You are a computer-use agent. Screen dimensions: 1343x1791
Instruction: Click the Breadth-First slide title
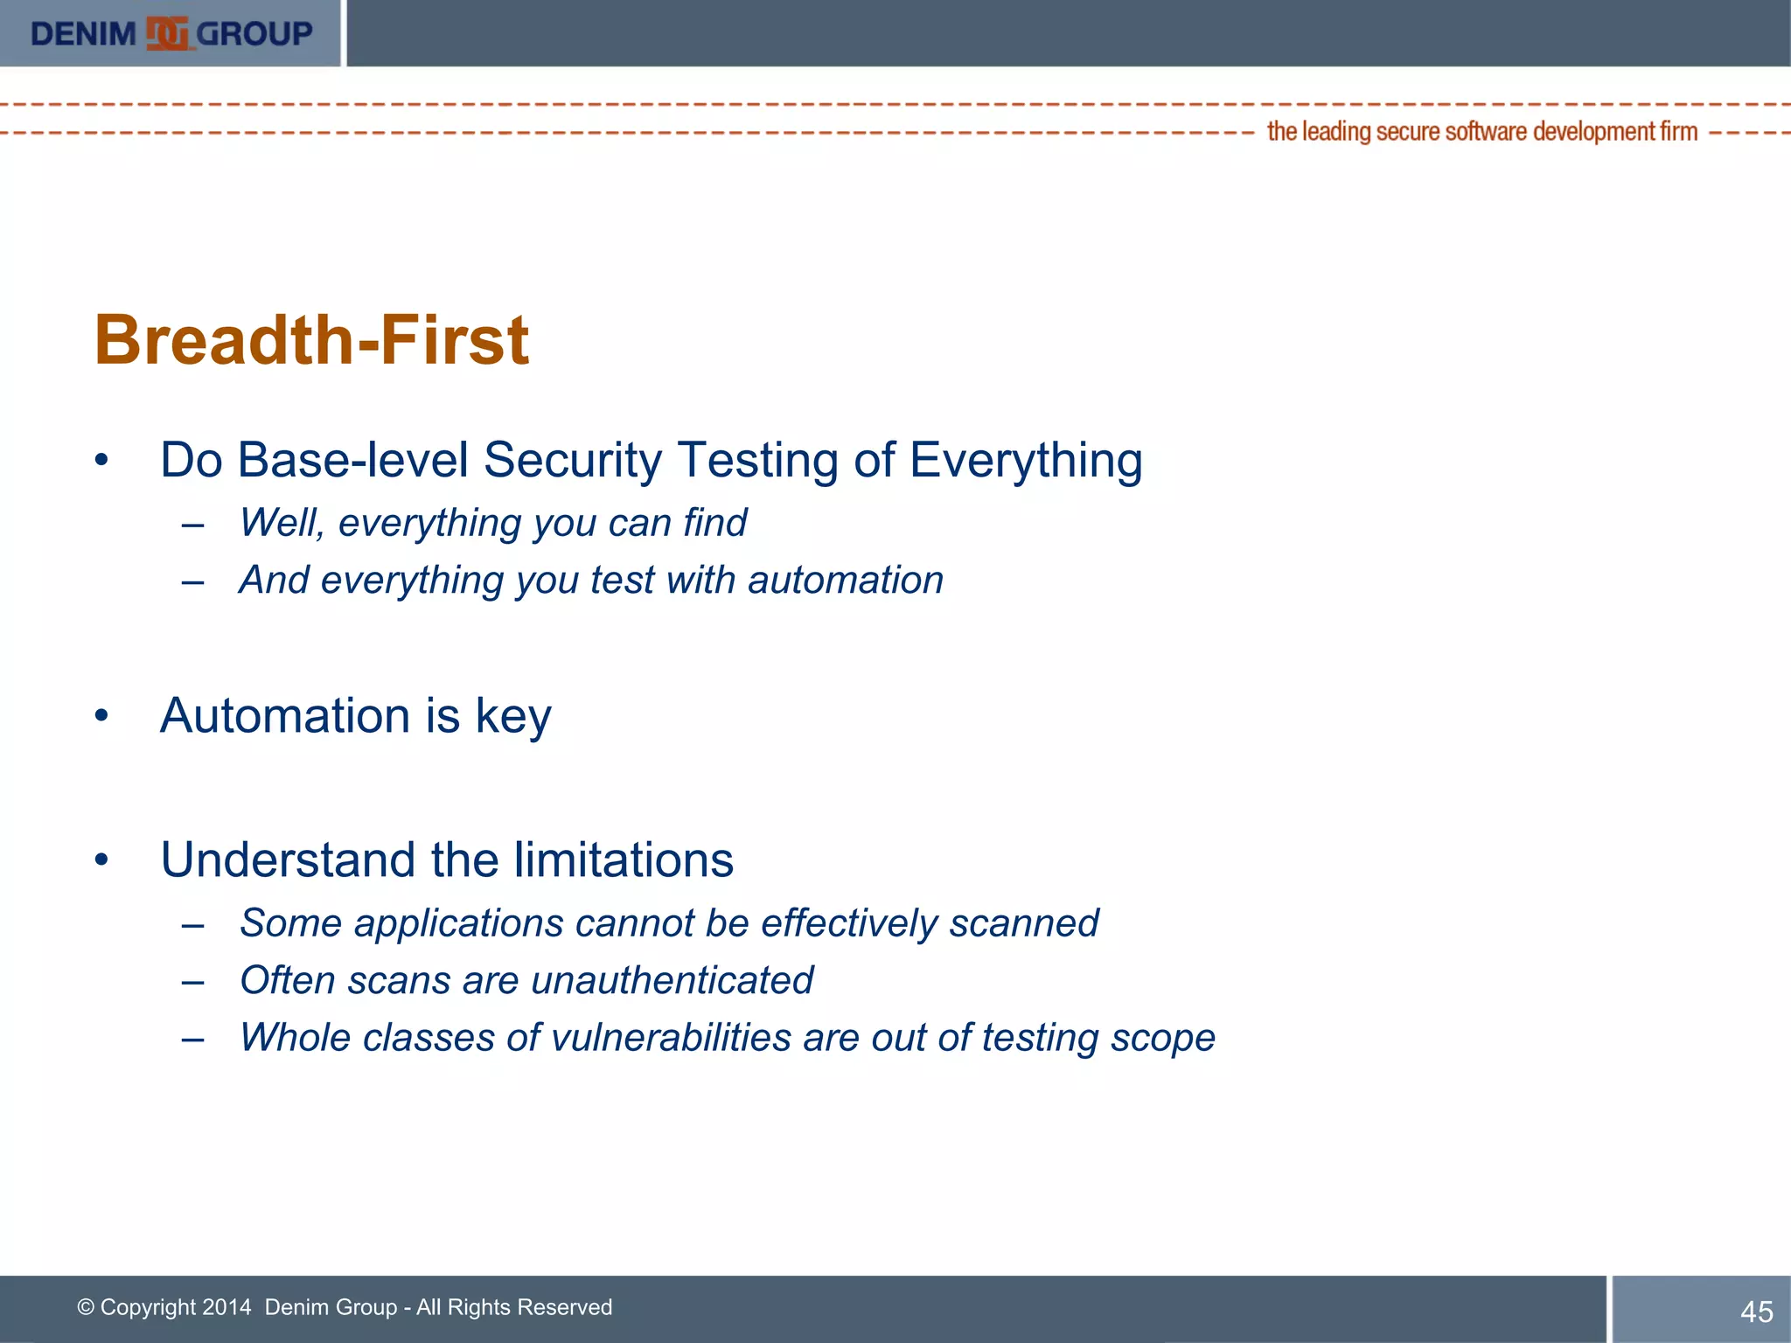point(311,339)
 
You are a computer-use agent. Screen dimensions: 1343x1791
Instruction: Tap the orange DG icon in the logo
point(167,34)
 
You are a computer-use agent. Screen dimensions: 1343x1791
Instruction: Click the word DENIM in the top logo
point(83,34)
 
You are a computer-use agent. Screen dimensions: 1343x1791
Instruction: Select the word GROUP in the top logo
point(254,34)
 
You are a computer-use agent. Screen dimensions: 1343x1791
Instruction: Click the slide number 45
point(1756,1312)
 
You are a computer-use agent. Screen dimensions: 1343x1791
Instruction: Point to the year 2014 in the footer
point(226,1307)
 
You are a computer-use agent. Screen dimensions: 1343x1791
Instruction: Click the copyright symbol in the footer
point(86,1307)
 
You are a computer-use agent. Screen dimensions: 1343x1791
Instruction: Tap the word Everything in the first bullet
point(1025,460)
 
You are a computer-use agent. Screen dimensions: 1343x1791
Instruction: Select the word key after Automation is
point(512,717)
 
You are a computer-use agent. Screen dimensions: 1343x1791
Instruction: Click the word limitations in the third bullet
point(623,859)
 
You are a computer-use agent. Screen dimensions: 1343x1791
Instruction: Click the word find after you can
point(714,523)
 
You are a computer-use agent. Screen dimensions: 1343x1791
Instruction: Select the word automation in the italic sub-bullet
point(845,581)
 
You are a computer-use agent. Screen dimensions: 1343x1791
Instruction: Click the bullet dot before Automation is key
point(102,716)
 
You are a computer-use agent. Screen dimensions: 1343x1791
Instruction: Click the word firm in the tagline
point(1678,132)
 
